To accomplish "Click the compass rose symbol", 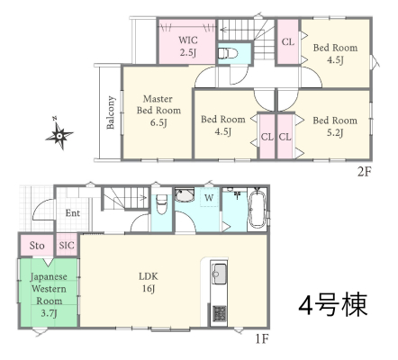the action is [59, 136].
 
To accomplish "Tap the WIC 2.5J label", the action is [188, 47].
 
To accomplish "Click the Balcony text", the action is [111, 112].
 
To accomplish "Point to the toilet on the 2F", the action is [228, 54].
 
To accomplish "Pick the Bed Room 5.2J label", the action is [335, 126].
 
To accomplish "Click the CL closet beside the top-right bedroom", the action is [288, 41].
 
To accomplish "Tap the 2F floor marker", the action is [365, 172].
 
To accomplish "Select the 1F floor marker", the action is [262, 338].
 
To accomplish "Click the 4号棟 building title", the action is [333, 304].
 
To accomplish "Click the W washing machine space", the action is [209, 198].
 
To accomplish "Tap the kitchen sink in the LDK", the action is [219, 273].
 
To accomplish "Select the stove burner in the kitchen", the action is [220, 314].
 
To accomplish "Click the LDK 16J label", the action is [149, 283].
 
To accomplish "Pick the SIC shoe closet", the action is [67, 245].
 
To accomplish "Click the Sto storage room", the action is [37, 246].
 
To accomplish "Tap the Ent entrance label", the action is [73, 213].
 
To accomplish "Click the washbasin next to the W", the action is [185, 195].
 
